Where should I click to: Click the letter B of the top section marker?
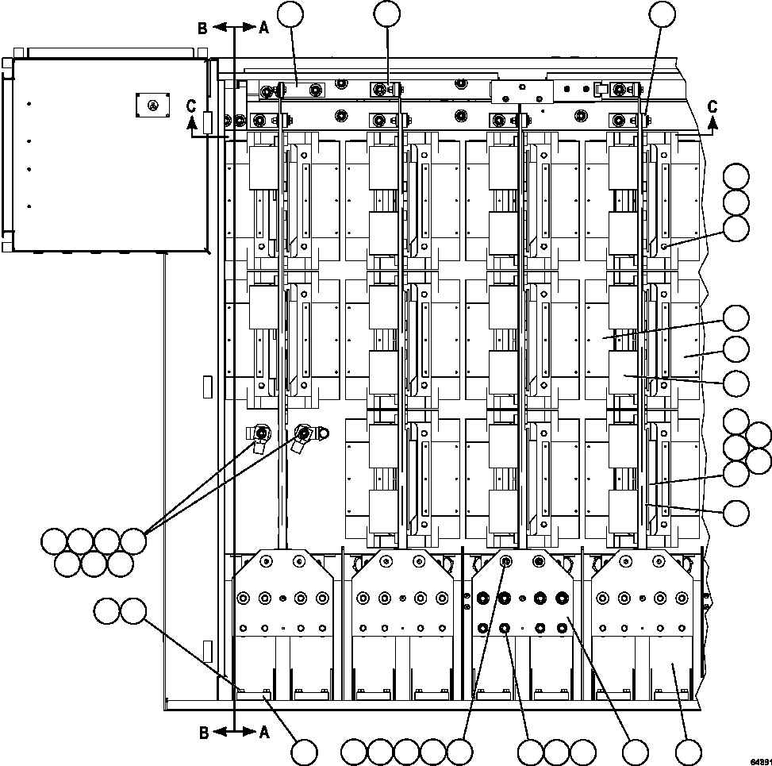(203, 28)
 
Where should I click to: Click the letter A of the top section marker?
(263, 28)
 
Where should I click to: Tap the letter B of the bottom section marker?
(203, 733)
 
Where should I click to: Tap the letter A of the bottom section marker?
(263, 733)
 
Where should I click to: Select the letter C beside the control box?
(190, 105)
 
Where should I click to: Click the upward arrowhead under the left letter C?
(190, 121)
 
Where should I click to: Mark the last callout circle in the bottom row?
(688, 752)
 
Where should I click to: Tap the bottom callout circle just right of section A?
(304, 752)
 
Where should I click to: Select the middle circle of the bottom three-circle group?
(556, 752)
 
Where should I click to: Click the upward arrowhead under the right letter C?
(712, 121)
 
